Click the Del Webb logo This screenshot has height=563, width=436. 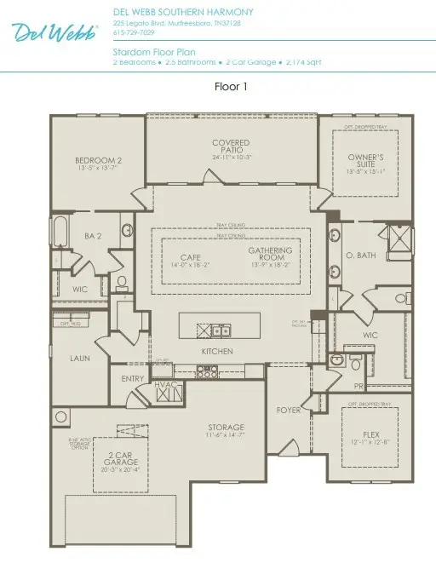[54, 32]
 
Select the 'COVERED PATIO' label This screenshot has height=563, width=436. [230, 146]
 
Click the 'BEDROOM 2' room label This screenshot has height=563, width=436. [98, 160]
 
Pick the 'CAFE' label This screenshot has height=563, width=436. [189, 256]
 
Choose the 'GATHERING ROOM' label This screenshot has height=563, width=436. [270, 255]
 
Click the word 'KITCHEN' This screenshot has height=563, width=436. [217, 351]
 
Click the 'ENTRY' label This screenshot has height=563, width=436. [133, 379]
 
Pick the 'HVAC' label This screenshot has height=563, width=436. [164, 385]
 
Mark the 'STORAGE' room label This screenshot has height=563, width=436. [227, 427]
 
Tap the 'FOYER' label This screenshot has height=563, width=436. [289, 411]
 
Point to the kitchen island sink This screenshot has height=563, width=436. [221, 330]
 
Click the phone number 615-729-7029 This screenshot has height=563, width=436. [135, 32]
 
